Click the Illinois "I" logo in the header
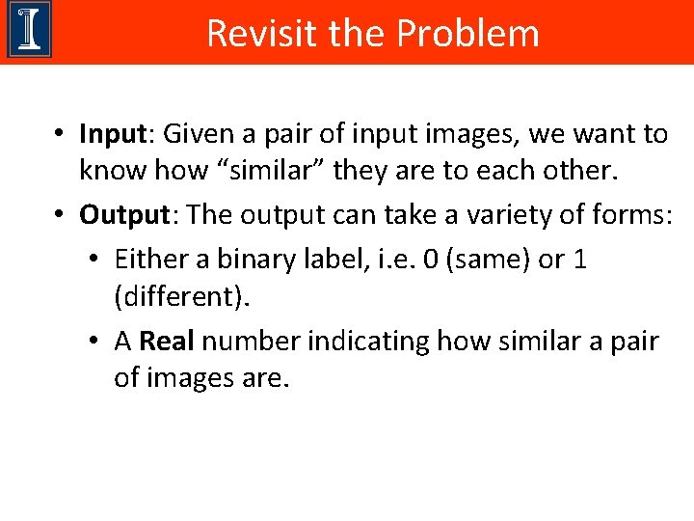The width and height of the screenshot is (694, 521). (29, 30)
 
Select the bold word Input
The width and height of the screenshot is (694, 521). (112, 134)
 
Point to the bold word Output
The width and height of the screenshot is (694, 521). (122, 214)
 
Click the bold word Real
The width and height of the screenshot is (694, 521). (167, 342)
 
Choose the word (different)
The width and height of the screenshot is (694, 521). (181, 298)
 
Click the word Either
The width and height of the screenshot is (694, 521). (144, 260)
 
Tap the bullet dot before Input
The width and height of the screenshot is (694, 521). (59, 134)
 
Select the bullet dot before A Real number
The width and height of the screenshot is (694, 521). (94, 342)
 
